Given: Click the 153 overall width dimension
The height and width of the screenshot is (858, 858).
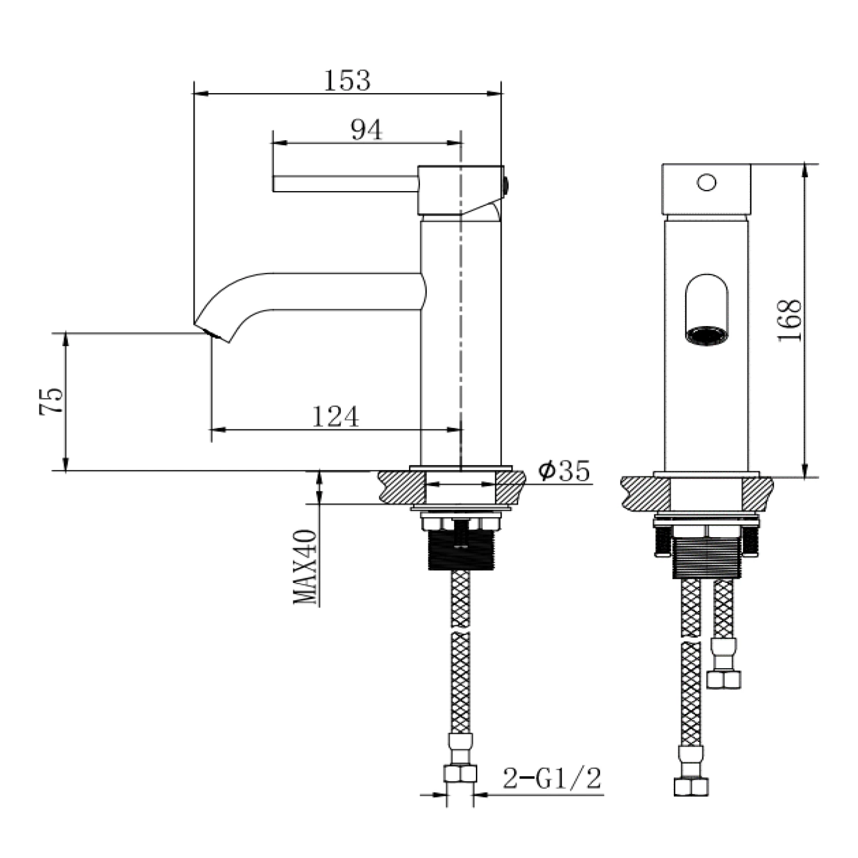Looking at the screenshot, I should point(347,80).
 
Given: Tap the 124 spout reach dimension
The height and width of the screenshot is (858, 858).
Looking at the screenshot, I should point(335,416).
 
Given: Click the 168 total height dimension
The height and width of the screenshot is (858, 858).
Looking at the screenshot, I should point(789,320).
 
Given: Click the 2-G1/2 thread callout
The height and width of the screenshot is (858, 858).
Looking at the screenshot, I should point(552,778).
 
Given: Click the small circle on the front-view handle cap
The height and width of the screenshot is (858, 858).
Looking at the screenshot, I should point(706,182).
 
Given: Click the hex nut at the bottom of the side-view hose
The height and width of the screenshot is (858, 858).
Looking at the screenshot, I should point(460,773).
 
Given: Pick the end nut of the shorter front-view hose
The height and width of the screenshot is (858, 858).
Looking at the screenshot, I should point(724,678).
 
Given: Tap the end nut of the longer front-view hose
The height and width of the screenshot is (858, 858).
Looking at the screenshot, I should point(691,786).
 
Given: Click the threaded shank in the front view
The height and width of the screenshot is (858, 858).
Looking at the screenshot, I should point(708,558).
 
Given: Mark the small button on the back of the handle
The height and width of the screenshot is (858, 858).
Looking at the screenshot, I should point(506,184).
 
